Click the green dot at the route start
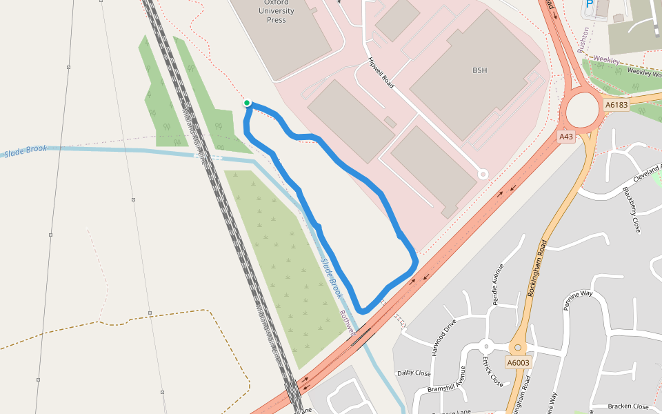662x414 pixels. pos(247,103)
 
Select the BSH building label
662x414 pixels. pos(480,70)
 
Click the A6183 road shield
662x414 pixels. pos(616,105)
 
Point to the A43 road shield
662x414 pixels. pos(566,137)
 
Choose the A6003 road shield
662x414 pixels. pos(518,363)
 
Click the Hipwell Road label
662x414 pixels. pos(381,72)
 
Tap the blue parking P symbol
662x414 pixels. pos(590,4)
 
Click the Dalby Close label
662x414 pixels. pos(414,373)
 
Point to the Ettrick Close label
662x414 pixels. pos(492,371)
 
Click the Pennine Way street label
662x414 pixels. pos(578,301)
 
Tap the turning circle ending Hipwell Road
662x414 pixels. pos(483,175)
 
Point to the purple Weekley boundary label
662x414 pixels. pos(607,61)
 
